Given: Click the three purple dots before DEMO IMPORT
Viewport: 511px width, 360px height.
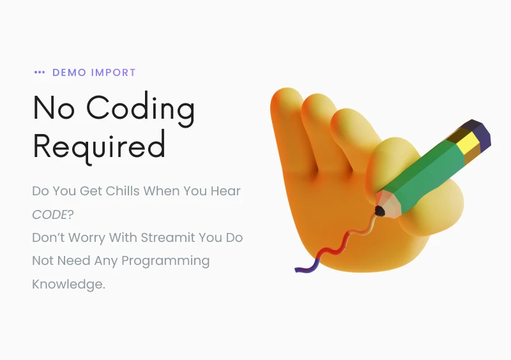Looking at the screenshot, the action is pos(40,72).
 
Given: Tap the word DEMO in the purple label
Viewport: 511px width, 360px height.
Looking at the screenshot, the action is pos(70,72).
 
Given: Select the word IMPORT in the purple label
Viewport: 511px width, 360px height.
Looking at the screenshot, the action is pos(113,72).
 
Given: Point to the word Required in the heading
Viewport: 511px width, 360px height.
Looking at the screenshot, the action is pos(99,147).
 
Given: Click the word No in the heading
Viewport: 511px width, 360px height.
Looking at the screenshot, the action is pos(54,107).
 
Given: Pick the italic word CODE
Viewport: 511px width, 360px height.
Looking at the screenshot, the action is pos(50,214).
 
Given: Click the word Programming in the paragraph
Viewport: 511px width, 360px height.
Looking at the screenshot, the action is pos(165,261).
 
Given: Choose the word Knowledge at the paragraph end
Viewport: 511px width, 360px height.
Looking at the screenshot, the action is pos(68,284).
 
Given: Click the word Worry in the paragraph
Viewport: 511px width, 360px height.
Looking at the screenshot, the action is pos(87,238).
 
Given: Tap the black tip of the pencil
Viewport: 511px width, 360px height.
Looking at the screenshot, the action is pos(379,211).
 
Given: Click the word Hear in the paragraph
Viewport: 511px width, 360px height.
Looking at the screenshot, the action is pos(225,191).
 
